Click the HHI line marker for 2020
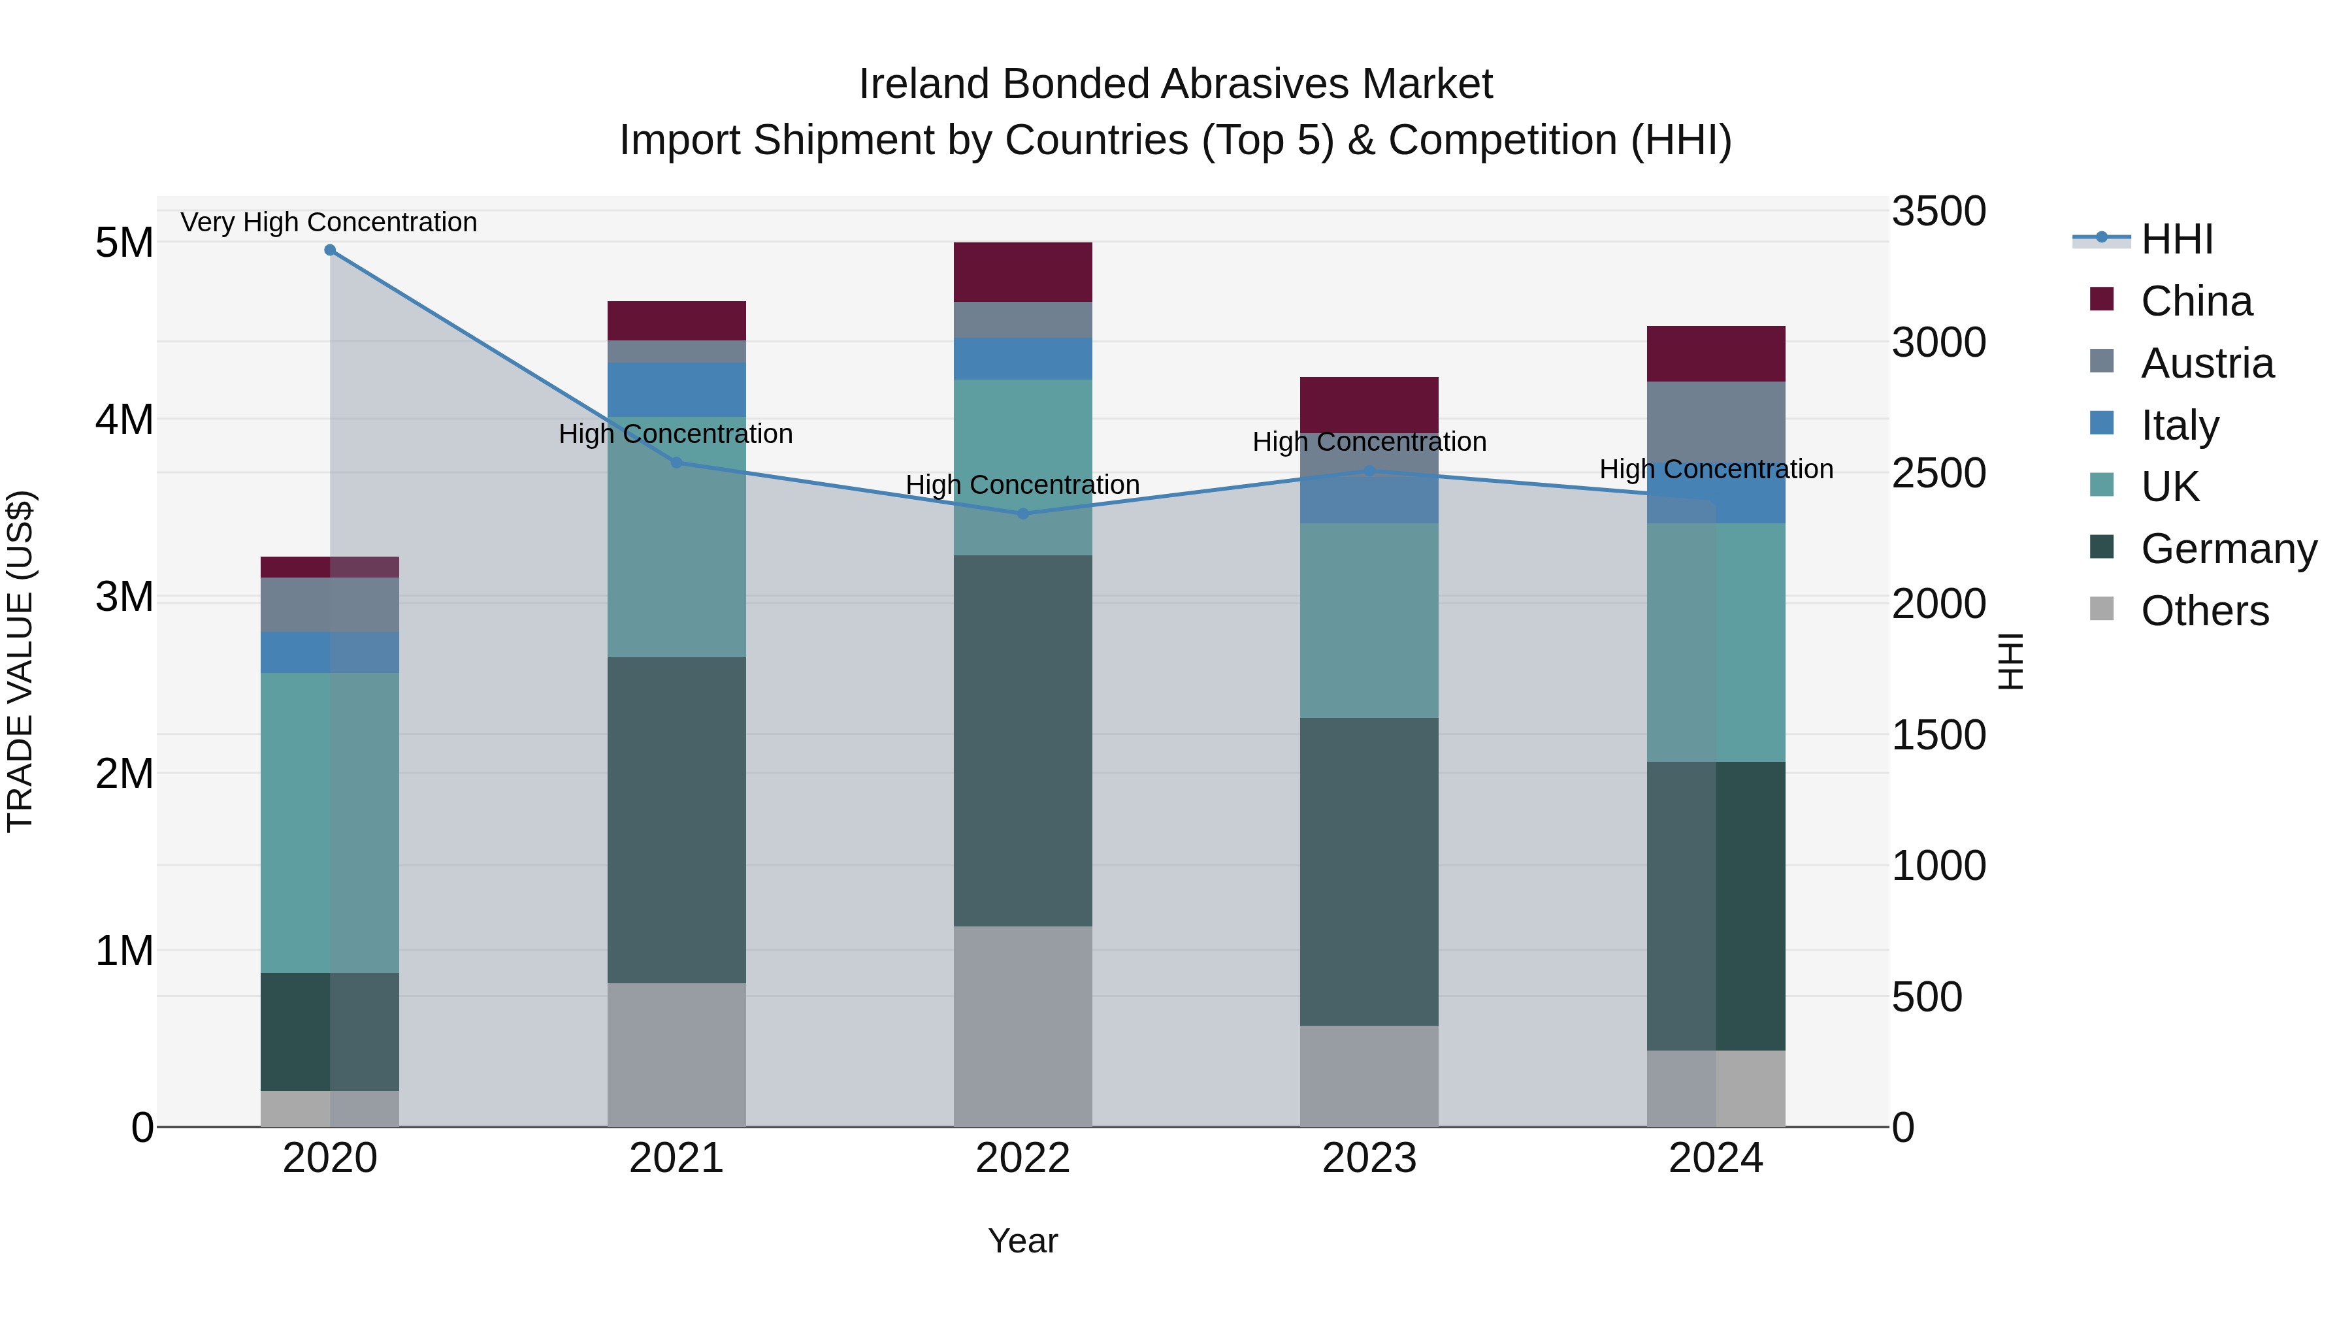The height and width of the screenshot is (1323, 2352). coord(330,250)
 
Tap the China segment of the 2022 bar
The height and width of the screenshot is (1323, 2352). coord(1022,272)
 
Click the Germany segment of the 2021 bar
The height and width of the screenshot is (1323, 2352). coord(677,820)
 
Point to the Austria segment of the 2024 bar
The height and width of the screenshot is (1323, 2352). coord(1716,425)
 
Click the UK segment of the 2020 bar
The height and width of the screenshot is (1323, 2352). coord(330,822)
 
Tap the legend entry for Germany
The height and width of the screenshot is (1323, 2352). coord(2228,549)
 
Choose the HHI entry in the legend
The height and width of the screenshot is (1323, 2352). coord(2177,239)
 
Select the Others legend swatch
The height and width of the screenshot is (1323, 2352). coord(2101,609)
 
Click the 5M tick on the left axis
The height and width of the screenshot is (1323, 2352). coord(124,243)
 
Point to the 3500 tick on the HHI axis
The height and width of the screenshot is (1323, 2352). coord(1938,211)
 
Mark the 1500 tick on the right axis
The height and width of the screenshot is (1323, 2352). coord(1938,735)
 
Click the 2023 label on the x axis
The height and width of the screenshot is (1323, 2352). coord(1369,1158)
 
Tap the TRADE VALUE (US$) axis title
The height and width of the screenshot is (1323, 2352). coord(20,661)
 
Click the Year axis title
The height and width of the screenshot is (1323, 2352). coord(1022,1241)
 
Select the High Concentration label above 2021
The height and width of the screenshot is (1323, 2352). coord(676,434)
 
